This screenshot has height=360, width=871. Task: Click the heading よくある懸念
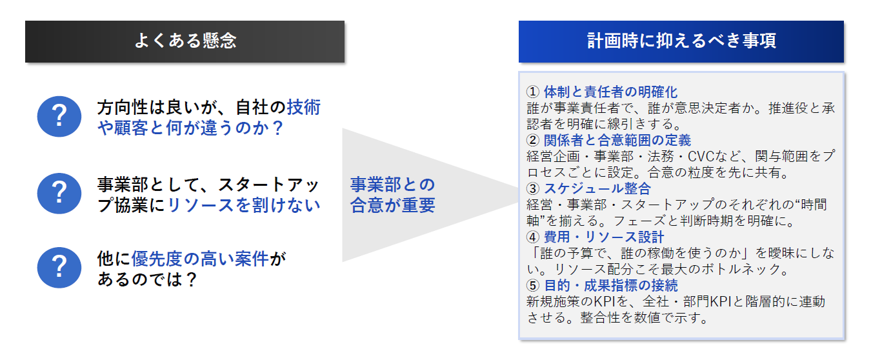pyautogui.click(x=185, y=41)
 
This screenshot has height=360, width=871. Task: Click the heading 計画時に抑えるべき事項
pyautogui.click(x=681, y=41)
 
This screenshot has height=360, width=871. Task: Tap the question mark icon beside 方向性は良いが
pyautogui.click(x=59, y=116)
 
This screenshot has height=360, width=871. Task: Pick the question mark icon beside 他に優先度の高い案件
pyautogui.click(x=59, y=267)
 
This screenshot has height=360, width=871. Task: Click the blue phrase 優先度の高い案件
pyautogui.click(x=200, y=259)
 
